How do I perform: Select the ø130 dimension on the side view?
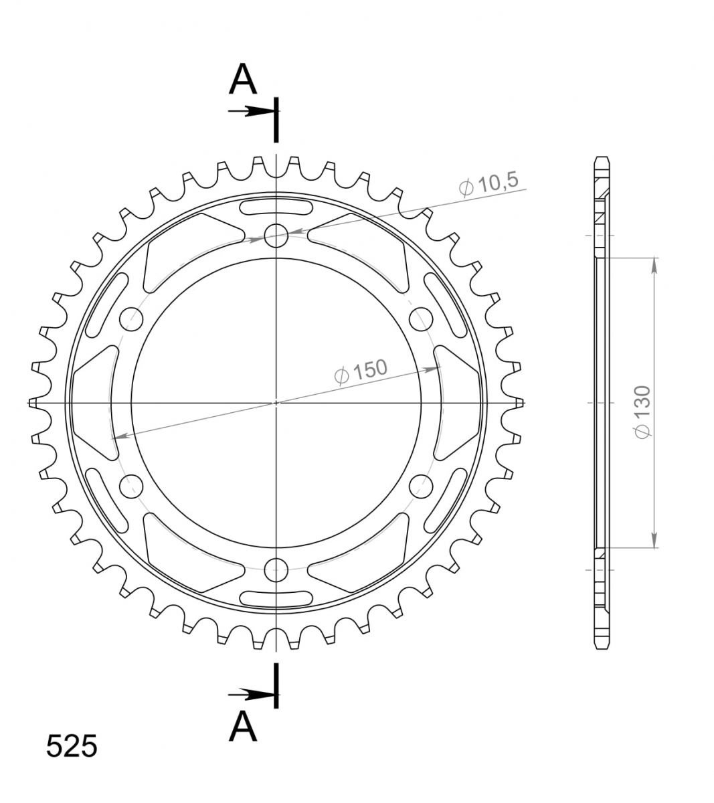[x=642, y=412]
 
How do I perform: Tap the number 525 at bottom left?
[x=72, y=746]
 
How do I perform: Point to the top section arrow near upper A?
[x=252, y=111]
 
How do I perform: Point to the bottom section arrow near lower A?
[x=252, y=695]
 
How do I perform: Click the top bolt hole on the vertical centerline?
[x=276, y=236]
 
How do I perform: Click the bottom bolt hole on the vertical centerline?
[x=276, y=570]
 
